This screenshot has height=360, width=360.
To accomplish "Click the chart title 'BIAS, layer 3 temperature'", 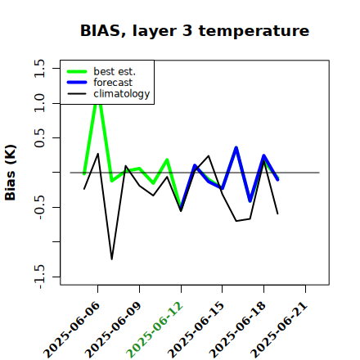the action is click(195, 31).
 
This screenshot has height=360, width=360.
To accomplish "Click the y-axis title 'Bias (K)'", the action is click(11, 173).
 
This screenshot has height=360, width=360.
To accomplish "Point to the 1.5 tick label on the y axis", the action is click(39, 68).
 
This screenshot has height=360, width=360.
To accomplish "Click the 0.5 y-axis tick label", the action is click(39, 137).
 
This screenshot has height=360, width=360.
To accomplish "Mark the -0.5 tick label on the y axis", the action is click(39, 207).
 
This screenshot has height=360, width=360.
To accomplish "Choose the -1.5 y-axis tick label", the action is click(39, 277).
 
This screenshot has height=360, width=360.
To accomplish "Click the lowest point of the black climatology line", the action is click(112, 259).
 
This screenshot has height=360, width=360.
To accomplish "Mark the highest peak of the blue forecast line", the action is click(236, 147).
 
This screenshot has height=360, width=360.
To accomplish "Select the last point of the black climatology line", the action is click(278, 214).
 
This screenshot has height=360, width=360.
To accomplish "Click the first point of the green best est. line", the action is click(84, 173).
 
